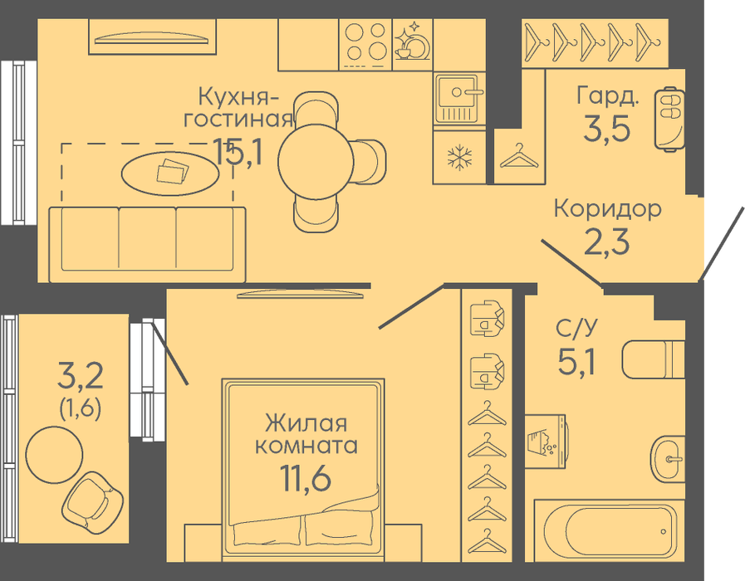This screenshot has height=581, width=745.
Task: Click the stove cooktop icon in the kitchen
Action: (x=365, y=45)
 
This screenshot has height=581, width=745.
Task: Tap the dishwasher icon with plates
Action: (x=413, y=45)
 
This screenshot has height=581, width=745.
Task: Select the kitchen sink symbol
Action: (x=459, y=98)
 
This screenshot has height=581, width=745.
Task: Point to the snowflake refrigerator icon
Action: (x=459, y=158)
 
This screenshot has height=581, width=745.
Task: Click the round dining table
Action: (x=316, y=162)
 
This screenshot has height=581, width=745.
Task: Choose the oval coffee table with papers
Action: (x=170, y=173)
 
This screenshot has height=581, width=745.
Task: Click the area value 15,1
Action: (x=238, y=151)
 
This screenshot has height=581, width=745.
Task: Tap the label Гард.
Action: (x=608, y=96)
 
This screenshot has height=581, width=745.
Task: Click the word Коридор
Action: (x=608, y=209)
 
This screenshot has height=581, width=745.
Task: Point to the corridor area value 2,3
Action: (x=607, y=242)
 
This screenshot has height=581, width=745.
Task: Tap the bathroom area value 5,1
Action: (x=576, y=362)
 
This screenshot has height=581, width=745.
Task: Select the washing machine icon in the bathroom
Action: (x=545, y=441)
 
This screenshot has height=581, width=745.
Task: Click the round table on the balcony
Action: (x=54, y=454)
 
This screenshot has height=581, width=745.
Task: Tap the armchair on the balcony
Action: (x=93, y=498)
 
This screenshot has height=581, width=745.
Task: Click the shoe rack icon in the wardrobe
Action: (x=669, y=118)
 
